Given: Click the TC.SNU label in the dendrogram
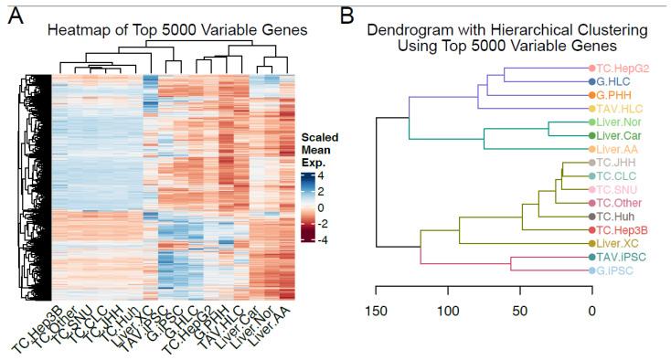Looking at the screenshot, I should click(619, 189).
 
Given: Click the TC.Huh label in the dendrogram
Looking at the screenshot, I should click(619, 217).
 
